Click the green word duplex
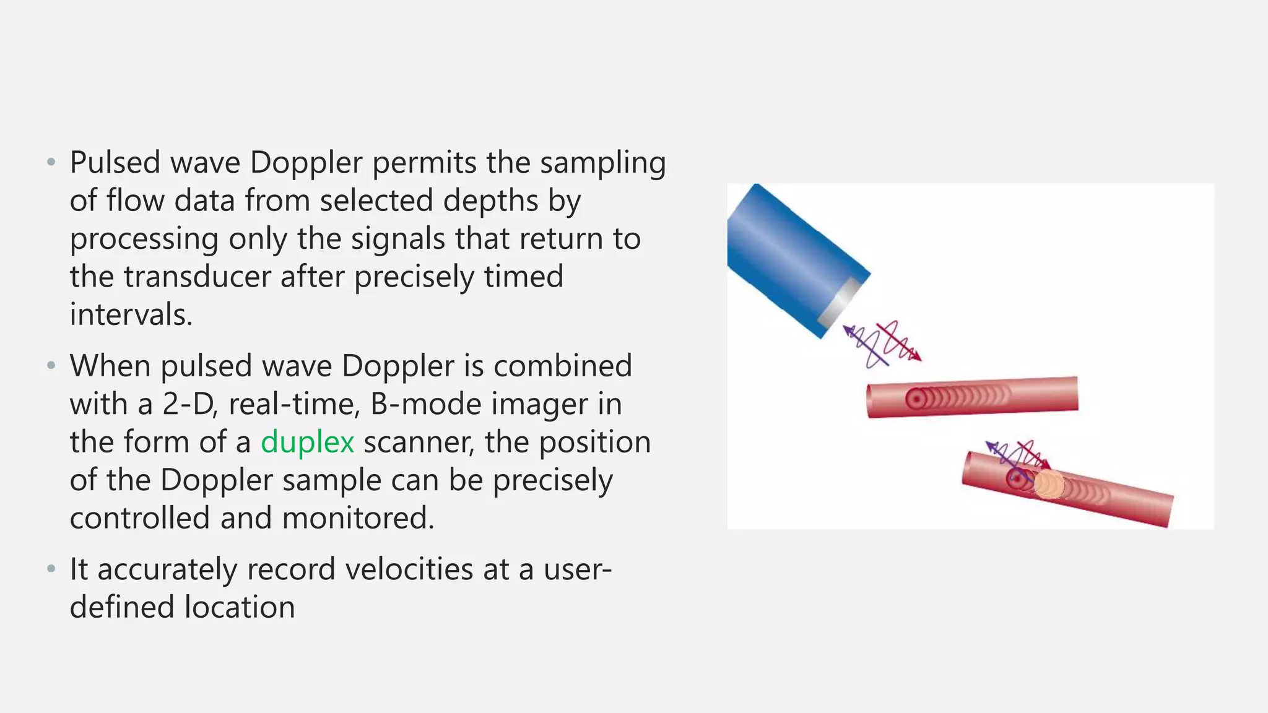[307, 443]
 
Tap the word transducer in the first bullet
[197, 276]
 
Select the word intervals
[131, 314]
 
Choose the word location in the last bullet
[239, 607]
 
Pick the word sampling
[602, 163]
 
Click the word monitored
[358, 518]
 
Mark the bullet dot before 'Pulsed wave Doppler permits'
[51, 163]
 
